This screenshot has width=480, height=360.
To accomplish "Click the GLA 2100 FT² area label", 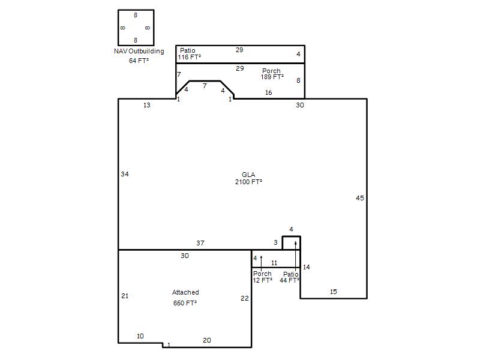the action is coord(248,178).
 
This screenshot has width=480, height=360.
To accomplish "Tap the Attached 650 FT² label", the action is coord(185,298).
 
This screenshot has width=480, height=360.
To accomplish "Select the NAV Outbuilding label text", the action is coord(139,51).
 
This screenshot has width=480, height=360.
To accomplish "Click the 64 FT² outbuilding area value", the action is coord(139,61).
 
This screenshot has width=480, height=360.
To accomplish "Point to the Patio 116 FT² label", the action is coord(190,53).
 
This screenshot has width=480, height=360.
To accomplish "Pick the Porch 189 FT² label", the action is coord(272,74).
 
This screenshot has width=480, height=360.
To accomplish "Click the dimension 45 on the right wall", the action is coord(359,198).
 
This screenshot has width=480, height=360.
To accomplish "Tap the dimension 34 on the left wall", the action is coord(125,174).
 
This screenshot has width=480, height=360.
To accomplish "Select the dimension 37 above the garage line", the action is coord(200,243).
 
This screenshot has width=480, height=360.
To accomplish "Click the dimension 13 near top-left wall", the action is coord(147,105).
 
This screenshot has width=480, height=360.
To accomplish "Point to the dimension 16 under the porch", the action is coord(268,92).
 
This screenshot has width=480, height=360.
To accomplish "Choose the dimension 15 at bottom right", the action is coord(334,292).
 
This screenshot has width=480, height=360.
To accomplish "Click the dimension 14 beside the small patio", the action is coord(306,267).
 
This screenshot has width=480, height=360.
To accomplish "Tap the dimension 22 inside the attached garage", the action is coord(245,298).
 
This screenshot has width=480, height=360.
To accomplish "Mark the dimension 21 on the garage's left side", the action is coord(125,296).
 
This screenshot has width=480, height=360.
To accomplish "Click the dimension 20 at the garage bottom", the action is coord(207,340).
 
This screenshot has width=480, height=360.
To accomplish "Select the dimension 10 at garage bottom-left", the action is coord(140,336).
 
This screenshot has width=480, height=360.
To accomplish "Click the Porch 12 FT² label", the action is coord(262,277).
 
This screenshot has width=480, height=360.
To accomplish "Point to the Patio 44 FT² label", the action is coord(289,277).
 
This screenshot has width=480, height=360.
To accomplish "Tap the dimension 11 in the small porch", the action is coord(274,263).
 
